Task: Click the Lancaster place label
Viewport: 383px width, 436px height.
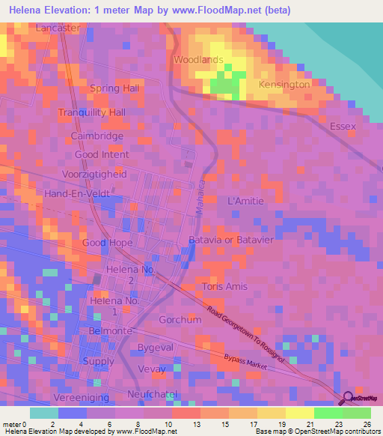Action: pyautogui.click(x=58, y=28)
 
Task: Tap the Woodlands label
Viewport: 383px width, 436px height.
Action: pyautogui.click(x=198, y=59)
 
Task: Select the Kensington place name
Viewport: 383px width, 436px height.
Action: pyautogui.click(x=284, y=85)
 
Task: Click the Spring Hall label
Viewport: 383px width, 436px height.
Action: pyautogui.click(x=114, y=88)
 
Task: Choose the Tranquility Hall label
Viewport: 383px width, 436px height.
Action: pyautogui.click(x=92, y=112)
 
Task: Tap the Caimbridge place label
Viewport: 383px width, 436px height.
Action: pyautogui.click(x=97, y=136)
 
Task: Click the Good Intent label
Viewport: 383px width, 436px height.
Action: pyautogui.click(x=102, y=155)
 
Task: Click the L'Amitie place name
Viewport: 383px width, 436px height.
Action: pyautogui.click(x=245, y=202)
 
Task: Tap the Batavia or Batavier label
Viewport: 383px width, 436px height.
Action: pyautogui.click(x=230, y=240)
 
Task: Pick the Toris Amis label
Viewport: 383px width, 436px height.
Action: pyautogui.click(x=224, y=286)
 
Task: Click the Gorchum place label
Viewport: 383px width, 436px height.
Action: pyautogui.click(x=180, y=320)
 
